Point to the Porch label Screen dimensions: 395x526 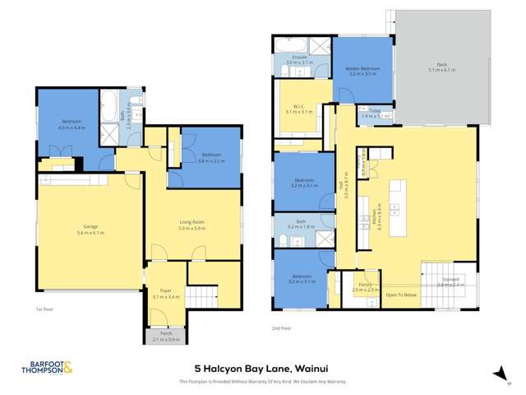167,336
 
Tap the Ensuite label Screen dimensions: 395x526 298,58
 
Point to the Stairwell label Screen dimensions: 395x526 450,281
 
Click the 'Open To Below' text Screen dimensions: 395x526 402,295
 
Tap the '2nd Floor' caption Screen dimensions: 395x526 282,328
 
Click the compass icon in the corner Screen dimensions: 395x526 497,374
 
